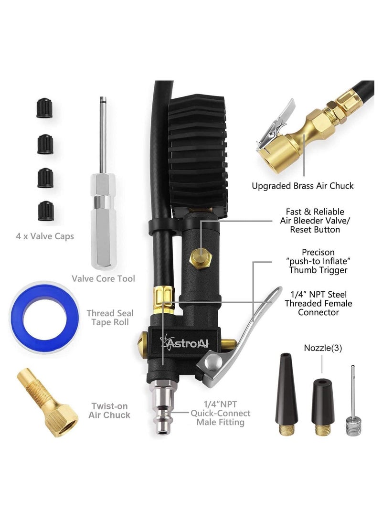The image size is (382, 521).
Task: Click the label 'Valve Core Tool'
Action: [x=103, y=278]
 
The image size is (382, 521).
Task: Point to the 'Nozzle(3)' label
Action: [x=322, y=348]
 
